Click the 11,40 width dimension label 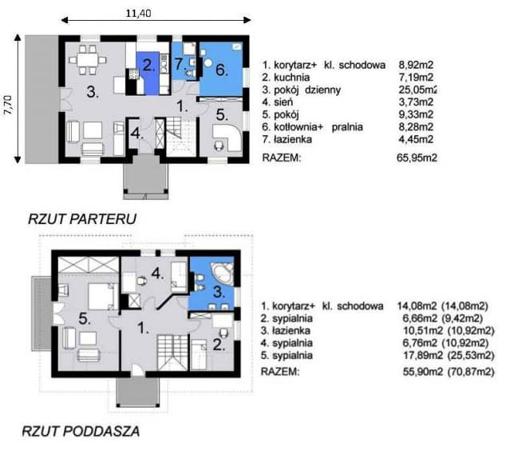(138, 14)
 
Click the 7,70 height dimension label (8, 105)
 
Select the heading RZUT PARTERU (82, 219)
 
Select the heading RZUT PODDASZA (81, 431)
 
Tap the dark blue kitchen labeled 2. (148, 73)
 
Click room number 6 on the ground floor (221, 70)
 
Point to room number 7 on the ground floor (179, 63)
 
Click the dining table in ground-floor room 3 (88, 60)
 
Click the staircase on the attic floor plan (172, 353)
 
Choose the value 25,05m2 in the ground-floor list (417, 90)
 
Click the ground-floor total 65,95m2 (417, 158)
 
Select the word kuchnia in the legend (292, 78)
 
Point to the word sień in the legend (283, 102)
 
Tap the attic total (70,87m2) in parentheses (471, 372)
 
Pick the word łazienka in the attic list (291, 331)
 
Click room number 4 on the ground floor (136, 133)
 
